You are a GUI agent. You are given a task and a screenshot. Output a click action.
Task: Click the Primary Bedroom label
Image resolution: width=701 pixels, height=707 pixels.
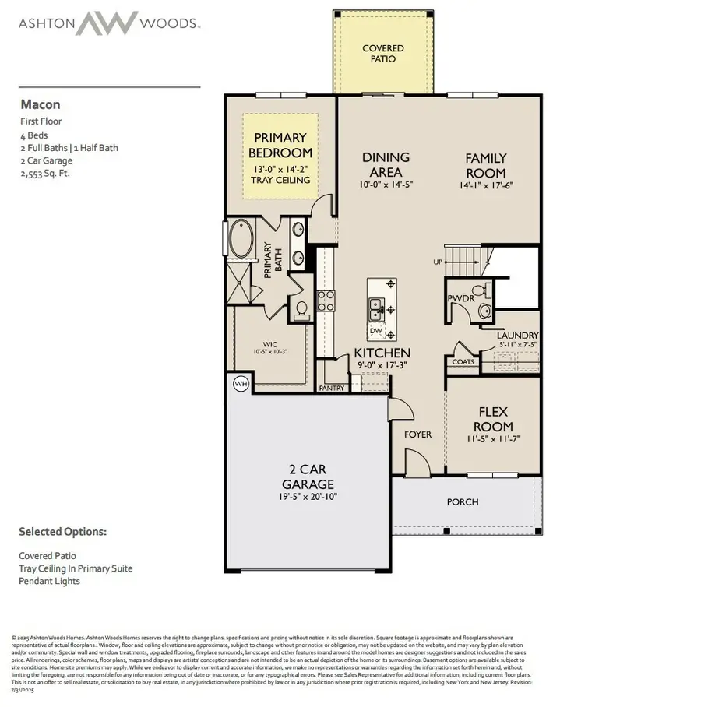[280, 146]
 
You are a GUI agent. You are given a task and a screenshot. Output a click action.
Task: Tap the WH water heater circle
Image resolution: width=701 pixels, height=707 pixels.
[240, 383]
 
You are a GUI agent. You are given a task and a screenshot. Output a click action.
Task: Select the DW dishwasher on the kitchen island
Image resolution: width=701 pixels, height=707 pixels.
[376, 331]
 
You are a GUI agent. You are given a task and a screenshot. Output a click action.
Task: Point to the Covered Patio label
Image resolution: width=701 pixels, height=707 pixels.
[383, 54]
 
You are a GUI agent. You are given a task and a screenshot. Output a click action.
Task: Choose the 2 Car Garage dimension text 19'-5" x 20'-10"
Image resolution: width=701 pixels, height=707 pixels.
[308, 496]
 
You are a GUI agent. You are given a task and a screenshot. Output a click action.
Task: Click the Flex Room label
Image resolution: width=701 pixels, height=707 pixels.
[495, 419]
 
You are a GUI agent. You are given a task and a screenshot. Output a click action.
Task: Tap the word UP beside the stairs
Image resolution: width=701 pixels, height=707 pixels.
[438, 262]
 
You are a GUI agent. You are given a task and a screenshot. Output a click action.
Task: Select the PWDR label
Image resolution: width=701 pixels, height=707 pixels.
[460, 297]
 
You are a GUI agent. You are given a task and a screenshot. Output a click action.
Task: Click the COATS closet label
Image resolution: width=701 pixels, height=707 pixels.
[463, 361]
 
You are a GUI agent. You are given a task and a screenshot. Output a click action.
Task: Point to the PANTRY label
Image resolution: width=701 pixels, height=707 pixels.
[331, 388]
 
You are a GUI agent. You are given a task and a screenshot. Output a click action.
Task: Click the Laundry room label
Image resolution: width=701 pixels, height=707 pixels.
[518, 336]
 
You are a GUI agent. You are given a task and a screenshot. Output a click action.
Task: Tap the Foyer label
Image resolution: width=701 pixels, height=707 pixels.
[417, 434]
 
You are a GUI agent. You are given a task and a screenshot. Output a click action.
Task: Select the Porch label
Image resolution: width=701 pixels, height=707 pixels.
[463, 501]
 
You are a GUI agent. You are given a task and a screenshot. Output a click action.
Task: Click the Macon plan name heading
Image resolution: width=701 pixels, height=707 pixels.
[40, 104]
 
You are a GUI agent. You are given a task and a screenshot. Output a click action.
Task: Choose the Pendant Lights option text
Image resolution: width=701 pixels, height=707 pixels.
[49, 580]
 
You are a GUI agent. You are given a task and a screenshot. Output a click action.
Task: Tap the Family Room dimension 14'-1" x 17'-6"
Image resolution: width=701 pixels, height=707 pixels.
[486, 185]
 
